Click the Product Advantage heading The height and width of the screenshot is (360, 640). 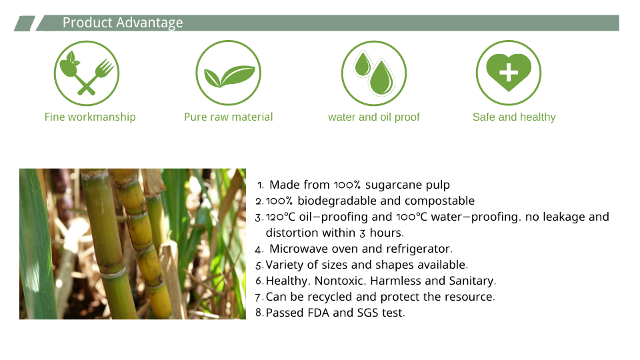coord(123,23)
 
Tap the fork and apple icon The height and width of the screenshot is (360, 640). coord(87,73)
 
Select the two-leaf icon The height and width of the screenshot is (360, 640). coord(228,73)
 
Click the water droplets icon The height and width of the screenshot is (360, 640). coord(374,73)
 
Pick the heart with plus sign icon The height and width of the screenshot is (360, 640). coord(509,73)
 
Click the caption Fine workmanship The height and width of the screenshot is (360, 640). coord(90,117)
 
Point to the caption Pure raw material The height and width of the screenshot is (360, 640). coord(228,117)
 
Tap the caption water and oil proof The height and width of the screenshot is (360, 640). coord(374,117)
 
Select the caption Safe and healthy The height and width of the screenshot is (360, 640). coord(514,117)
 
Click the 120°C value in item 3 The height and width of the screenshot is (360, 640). coord(281,217)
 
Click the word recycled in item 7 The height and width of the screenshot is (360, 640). coord(330,297)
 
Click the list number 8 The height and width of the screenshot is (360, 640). coord(259,313)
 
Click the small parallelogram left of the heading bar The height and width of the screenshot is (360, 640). coord(25,23)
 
